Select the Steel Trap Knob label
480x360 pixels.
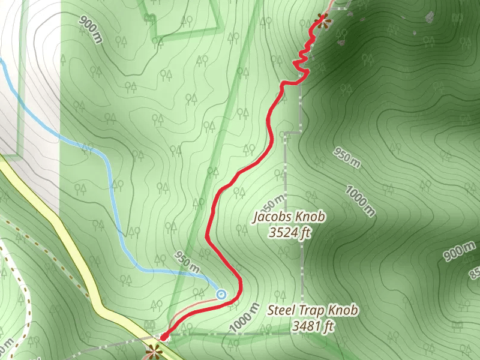click(313, 311)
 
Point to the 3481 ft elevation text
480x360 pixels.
click(312, 326)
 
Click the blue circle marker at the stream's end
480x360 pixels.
click(221, 294)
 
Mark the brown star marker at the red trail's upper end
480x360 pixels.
click(324, 19)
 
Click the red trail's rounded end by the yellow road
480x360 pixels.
click(163, 337)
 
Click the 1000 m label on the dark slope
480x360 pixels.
click(360, 200)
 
